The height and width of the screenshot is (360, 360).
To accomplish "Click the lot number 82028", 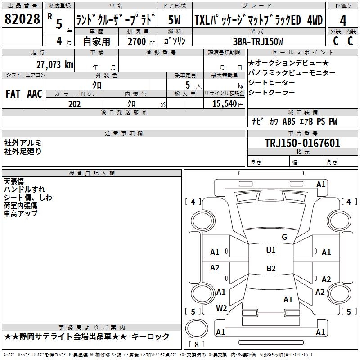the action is pyautogui.click(x=22, y=19).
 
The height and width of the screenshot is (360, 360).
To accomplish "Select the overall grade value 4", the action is pyautogui.click(x=343, y=21).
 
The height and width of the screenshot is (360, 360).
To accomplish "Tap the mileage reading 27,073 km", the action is pyautogui.click(x=55, y=65).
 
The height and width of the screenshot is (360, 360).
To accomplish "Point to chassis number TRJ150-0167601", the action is pyautogui.click(x=302, y=143).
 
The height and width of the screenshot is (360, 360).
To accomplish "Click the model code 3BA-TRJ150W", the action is pyautogui.click(x=258, y=41).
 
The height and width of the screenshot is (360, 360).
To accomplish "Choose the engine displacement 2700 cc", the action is pyautogui.click(x=141, y=41).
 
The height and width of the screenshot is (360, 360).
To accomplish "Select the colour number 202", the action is pyautogui.click(x=74, y=104).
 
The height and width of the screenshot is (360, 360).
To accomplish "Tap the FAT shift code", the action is pyautogui.click(x=13, y=94).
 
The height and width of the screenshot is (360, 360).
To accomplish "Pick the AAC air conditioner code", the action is pyautogui.click(x=35, y=94).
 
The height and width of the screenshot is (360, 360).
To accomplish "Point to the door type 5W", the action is pyautogui.click(x=174, y=20).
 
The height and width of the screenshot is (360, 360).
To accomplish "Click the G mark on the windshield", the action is pyautogui.click(x=284, y=237).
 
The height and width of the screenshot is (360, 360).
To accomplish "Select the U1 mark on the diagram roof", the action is pyautogui.click(x=271, y=250).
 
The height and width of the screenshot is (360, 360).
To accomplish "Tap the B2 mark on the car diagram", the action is pyautogui.click(x=271, y=268).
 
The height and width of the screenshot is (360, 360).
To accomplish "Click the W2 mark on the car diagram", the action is pyautogui.click(x=221, y=308).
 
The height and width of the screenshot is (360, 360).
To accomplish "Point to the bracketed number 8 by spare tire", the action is pyautogui.click(x=197, y=344).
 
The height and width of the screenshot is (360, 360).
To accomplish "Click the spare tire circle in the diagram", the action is pyautogui.click(x=197, y=328).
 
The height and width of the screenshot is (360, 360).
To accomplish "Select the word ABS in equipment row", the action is pyautogui.click(x=289, y=121).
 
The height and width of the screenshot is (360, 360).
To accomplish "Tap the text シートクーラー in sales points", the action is pyautogui.click(x=272, y=92).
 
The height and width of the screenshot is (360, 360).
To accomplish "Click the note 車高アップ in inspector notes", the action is pyautogui.click(x=21, y=213).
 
